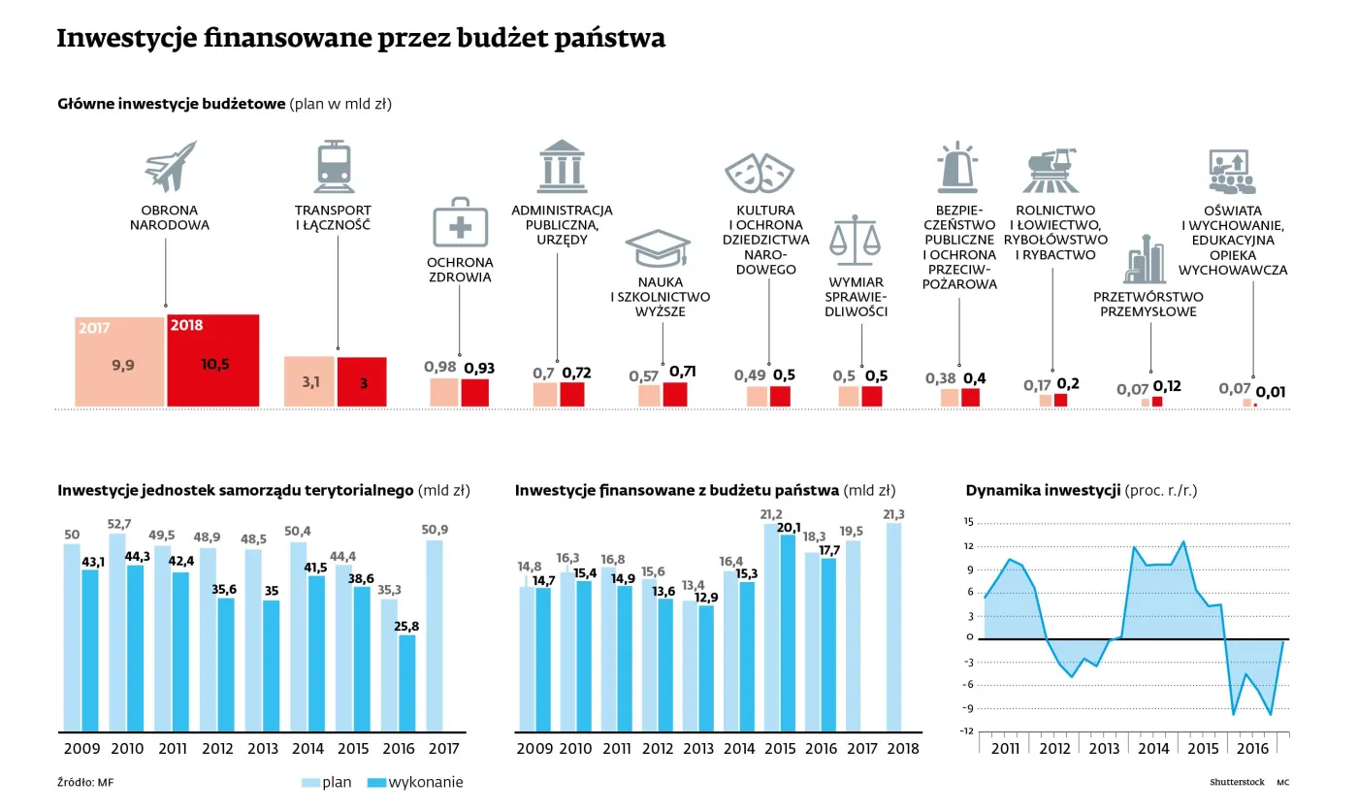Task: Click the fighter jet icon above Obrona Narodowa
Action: pos(170,166)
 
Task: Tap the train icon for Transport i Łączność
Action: pos(333,166)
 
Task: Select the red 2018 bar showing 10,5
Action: pos(212,361)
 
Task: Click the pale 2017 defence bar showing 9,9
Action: pos(119,362)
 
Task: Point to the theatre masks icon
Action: pos(756,173)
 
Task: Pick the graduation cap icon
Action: pos(658,248)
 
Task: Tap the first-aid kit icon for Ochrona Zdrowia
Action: pos(460,222)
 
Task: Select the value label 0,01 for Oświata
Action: pos(1271,392)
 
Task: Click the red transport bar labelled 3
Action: pos(363,382)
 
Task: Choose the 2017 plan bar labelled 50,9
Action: pos(435,635)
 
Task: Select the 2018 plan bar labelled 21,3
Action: pos(893,627)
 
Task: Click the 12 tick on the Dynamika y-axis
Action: pos(968,545)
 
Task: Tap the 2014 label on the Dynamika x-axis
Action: pos(1153,749)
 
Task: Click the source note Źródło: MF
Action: pos(79,783)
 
